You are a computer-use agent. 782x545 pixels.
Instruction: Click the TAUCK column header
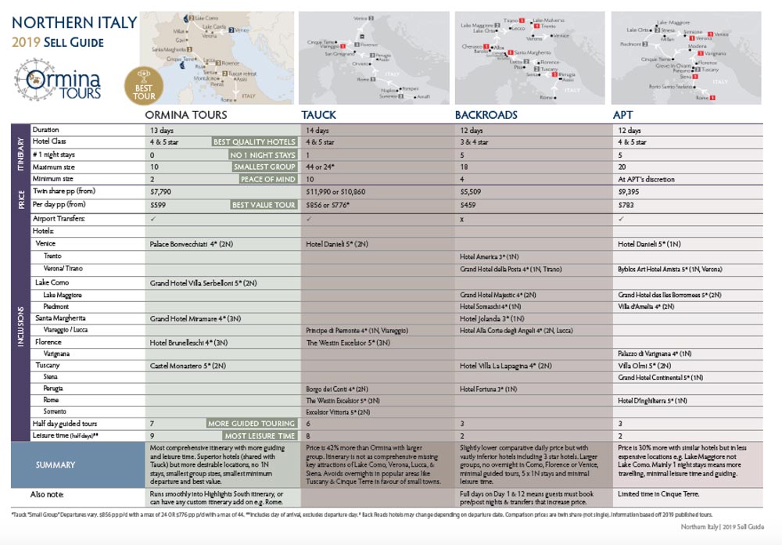[x=319, y=115]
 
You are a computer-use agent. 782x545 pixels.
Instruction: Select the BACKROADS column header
[x=486, y=115]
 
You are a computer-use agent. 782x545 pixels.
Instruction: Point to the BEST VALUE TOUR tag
[x=264, y=205]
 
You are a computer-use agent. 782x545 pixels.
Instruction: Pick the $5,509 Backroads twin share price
[x=473, y=192]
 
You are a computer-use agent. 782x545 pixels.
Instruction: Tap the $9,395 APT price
[x=630, y=192]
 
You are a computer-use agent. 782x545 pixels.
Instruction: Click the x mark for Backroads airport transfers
[x=463, y=218]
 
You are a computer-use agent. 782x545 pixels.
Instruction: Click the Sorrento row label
[x=56, y=411]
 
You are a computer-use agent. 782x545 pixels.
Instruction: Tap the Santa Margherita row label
[x=60, y=318]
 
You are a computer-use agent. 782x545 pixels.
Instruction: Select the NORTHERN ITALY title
[x=74, y=23]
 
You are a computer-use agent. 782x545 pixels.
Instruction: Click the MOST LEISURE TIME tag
[x=260, y=436]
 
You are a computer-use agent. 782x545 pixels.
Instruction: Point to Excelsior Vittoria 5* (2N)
[x=338, y=411]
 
